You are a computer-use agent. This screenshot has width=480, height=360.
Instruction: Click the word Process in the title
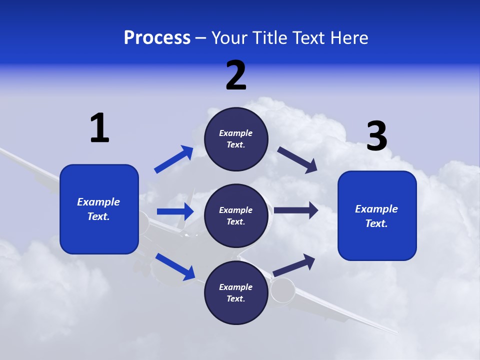(x=157, y=38)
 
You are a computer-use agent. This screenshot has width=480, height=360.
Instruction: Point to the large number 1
(x=99, y=128)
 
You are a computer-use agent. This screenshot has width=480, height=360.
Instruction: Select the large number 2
(x=236, y=75)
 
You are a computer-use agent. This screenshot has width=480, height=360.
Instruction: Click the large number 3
(x=376, y=136)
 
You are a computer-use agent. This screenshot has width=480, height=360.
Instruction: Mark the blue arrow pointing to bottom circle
(x=175, y=266)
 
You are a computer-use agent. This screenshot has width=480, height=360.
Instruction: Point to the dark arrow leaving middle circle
(x=296, y=210)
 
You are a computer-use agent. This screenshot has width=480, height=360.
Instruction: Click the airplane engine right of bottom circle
(x=283, y=290)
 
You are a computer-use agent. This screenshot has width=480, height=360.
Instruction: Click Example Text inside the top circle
(x=236, y=139)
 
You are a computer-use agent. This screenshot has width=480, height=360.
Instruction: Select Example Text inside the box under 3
(x=376, y=216)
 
